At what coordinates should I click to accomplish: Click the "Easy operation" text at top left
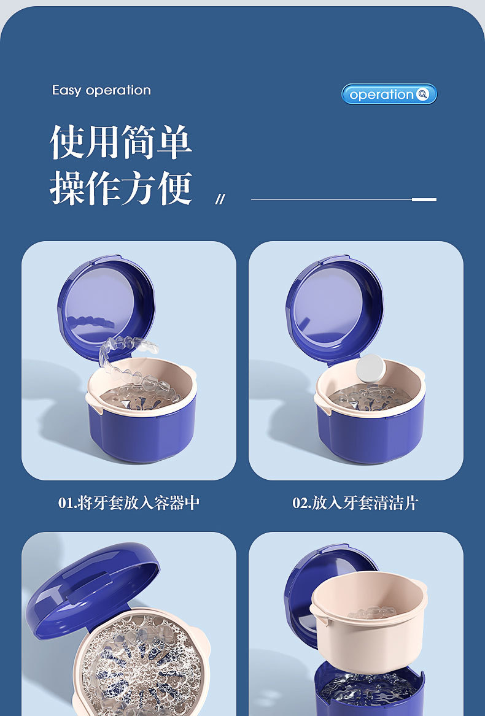click(x=101, y=90)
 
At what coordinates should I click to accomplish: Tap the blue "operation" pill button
click(x=389, y=94)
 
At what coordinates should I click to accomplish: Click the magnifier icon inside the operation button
click(x=422, y=94)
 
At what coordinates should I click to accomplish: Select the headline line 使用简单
click(x=121, y=142)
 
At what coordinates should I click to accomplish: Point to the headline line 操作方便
click(x=121, y=188)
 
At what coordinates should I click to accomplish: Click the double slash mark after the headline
click(x=220, y=199)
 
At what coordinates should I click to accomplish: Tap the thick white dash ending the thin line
click(x=424, y=199)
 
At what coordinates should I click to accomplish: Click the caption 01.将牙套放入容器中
click(x=129, y=503)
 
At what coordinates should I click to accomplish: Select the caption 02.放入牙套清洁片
click(x=355, y=503)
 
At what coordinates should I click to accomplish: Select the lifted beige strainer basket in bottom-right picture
click(x=368, y=620)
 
